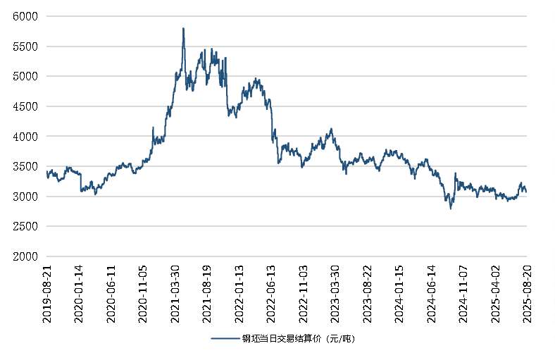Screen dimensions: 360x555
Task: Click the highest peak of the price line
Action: coord(183,29)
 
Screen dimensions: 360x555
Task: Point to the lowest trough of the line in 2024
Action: coord(451,208)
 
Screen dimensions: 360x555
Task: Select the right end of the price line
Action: coord(526,191)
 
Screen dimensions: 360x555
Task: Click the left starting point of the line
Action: coord(46,171)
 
